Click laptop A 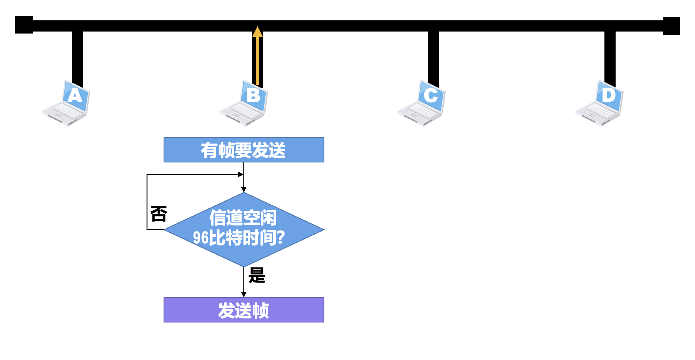(66, 103)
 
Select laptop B (244, 103)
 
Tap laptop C (422, 103)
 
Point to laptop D (600, 103)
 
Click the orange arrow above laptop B (258, 56)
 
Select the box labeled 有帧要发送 (244, 150)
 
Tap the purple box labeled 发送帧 (244, 310)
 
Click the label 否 (158, 214)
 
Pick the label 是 (257, 275)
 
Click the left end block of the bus (24, 25)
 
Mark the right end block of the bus (671, 26)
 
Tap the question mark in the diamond (280, 238)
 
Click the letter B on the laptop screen (253, 95)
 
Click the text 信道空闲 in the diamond (243, 218)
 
